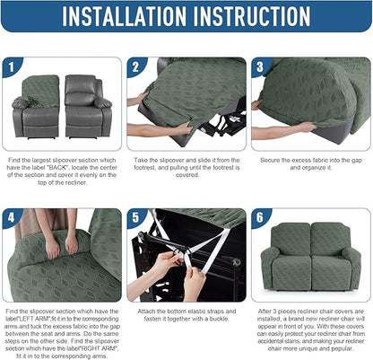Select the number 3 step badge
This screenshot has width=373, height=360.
pos(261,67)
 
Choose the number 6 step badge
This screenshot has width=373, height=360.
pos(261,218)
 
